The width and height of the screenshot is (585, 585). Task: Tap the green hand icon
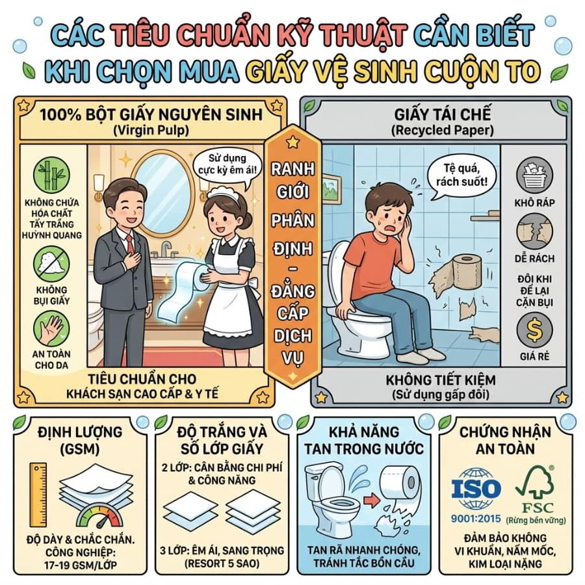coord(51,329)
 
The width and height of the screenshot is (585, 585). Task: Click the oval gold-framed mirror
coord(163,193)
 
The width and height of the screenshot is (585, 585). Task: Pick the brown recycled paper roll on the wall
coord(466,272)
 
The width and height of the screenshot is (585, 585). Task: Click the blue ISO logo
coord(476,489)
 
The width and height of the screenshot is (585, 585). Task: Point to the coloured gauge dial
coord(99,516)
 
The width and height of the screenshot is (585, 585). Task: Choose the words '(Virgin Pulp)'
coord(151,130)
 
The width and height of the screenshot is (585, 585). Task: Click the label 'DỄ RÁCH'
coord(534,258)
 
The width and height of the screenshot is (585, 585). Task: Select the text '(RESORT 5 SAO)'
coord(222,564)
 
